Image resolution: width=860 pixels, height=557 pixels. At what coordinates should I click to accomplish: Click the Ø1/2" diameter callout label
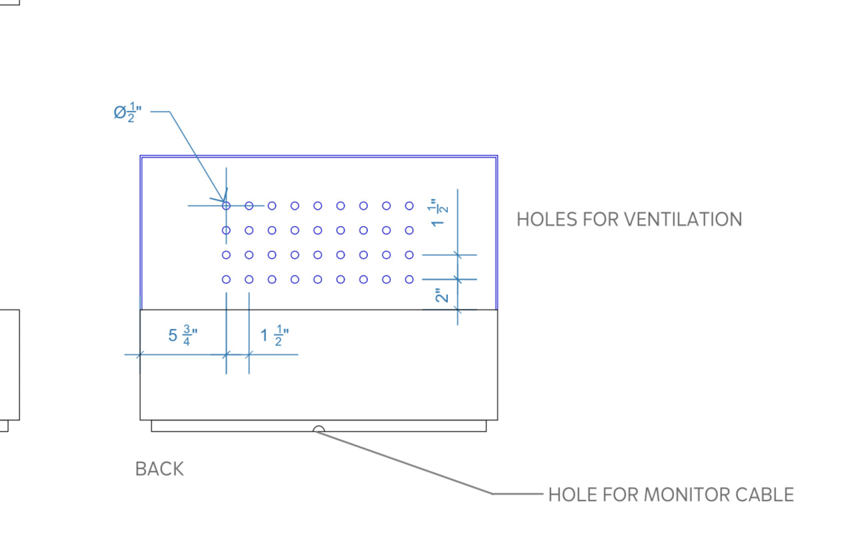(127, 111)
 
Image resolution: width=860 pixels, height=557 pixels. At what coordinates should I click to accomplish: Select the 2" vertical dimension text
(441, 295)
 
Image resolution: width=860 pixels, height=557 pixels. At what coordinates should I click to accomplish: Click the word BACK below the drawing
(159, 469)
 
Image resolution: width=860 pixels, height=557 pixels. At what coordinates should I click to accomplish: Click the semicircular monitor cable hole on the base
(319, 430)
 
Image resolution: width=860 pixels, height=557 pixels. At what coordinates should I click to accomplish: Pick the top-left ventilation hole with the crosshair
(226, 206)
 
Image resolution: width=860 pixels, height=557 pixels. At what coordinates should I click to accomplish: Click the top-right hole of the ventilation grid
(409, 206)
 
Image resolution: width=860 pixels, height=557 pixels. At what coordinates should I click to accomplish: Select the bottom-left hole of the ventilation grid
(226, 280)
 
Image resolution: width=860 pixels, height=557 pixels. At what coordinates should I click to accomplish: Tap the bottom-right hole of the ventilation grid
(409, 280)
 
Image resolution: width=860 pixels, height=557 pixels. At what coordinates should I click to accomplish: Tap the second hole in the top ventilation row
(249, 206)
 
